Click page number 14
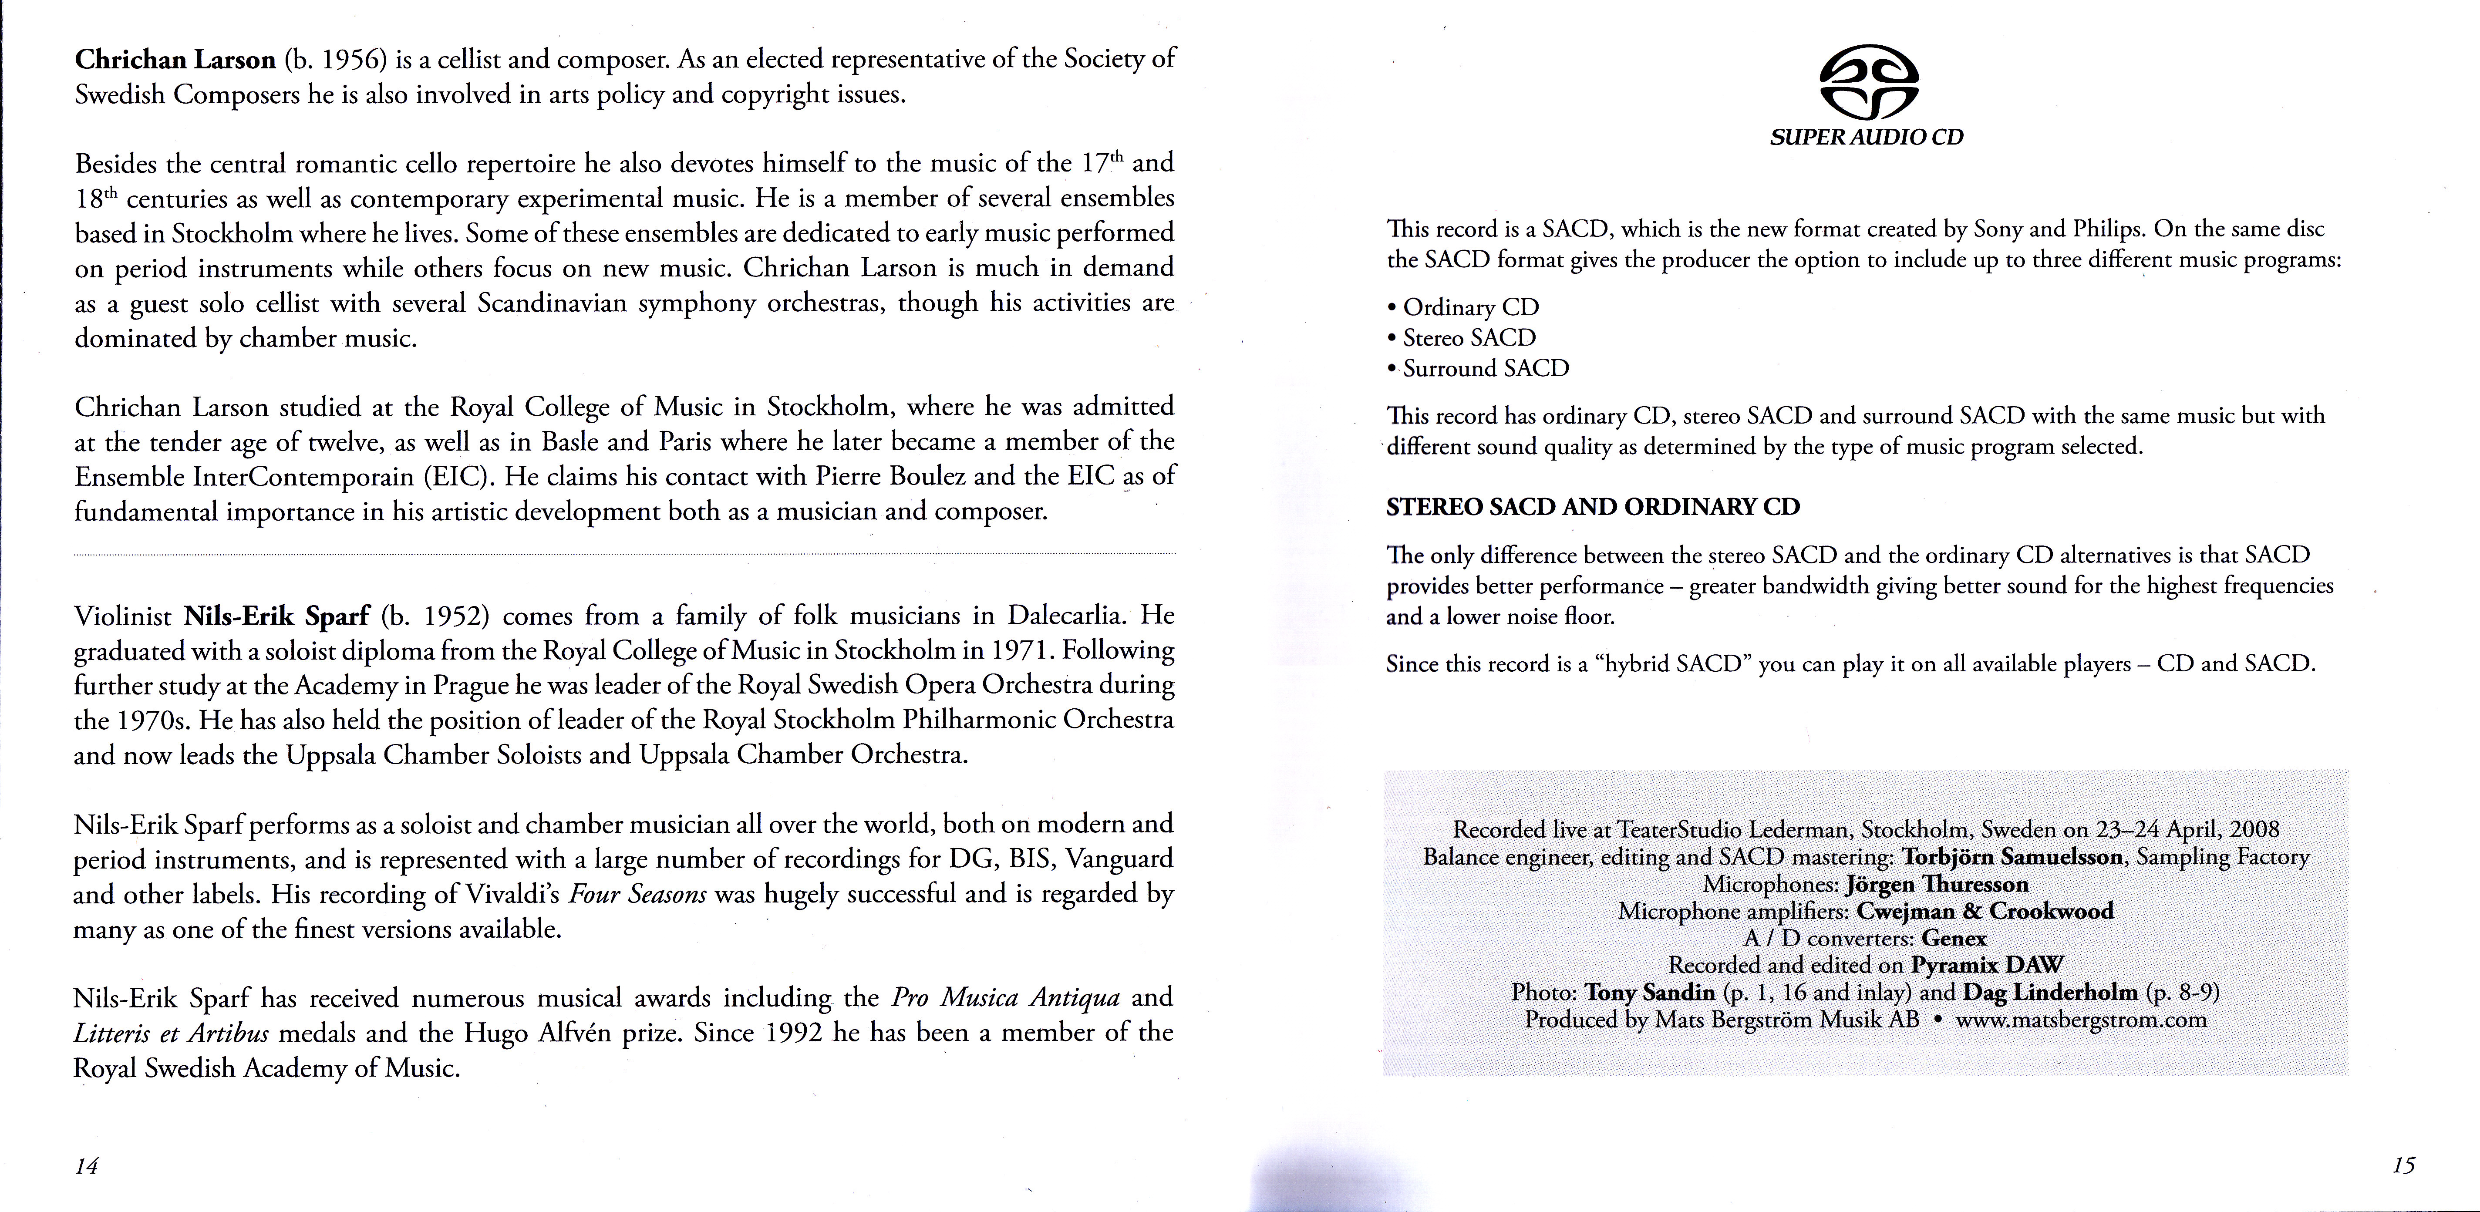[x=87, y=1166]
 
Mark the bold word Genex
[x=1954, y=939]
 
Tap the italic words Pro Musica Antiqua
[x=1006, y=997]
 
